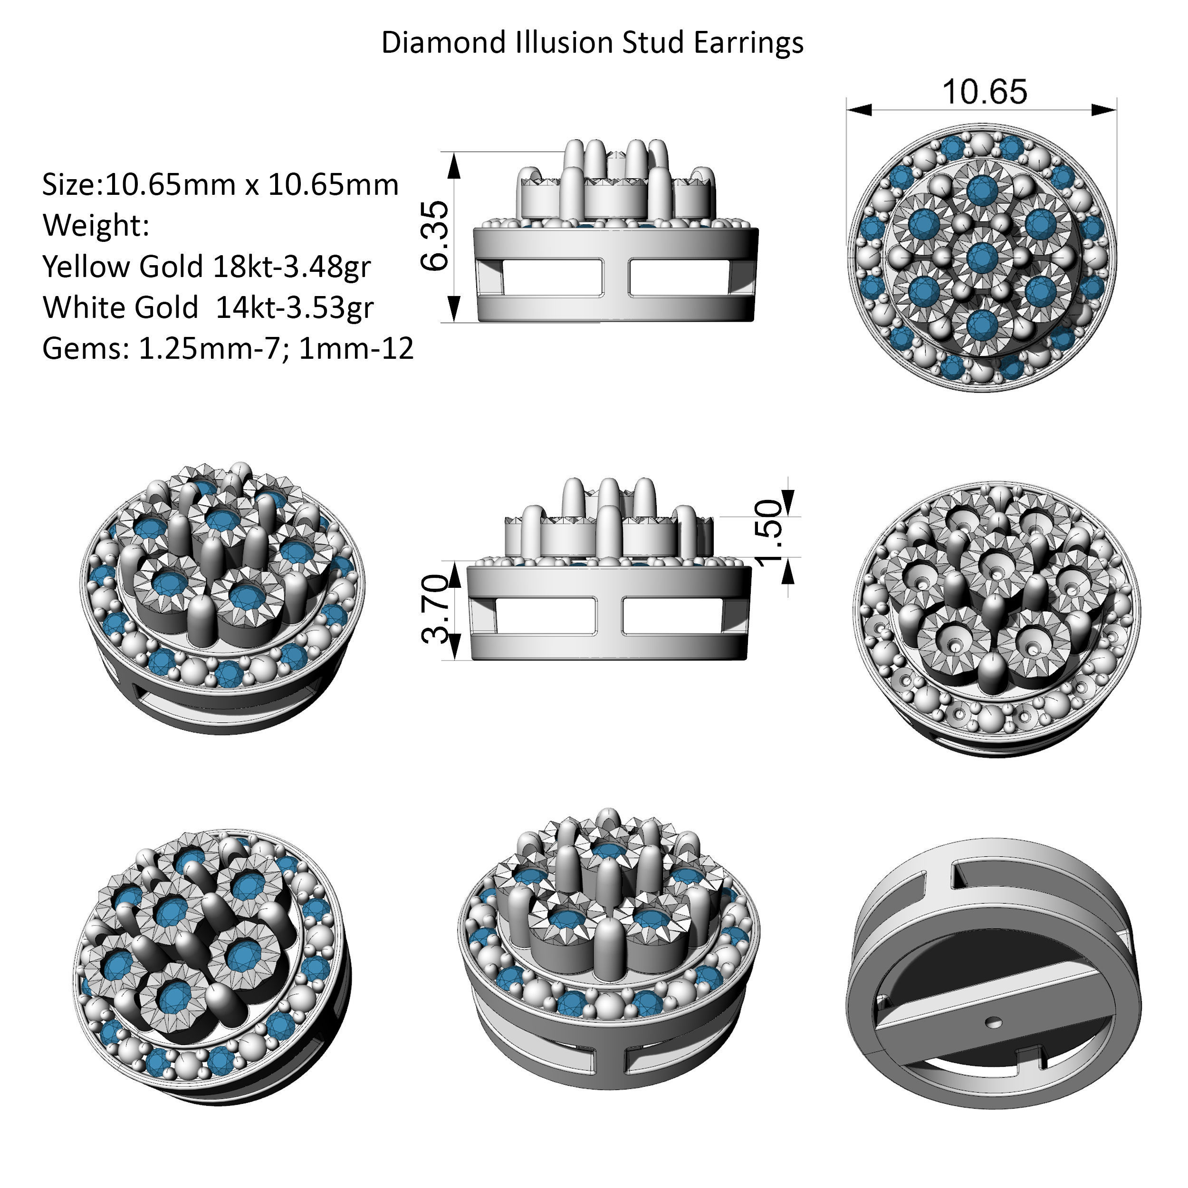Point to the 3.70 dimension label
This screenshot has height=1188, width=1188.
point(436,609)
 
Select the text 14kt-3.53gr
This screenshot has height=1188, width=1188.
point(294,307)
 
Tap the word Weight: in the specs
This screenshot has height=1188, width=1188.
point(96,225)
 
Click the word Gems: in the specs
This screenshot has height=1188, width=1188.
point(86,348)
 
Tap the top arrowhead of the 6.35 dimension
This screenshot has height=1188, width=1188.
point(453,165)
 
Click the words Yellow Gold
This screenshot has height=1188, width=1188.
point(123,266)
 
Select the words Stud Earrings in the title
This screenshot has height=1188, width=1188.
point(712,42)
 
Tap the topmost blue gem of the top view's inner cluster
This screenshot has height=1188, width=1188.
point(982,189)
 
